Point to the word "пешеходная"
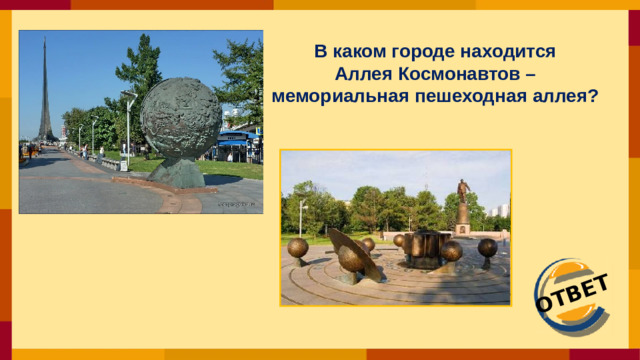tap(457, 97)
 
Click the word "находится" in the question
tap(505, 51)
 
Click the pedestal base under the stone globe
tap(179, 175)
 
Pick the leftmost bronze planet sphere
tap(298, 247)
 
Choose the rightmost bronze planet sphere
tap(487, 247)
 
